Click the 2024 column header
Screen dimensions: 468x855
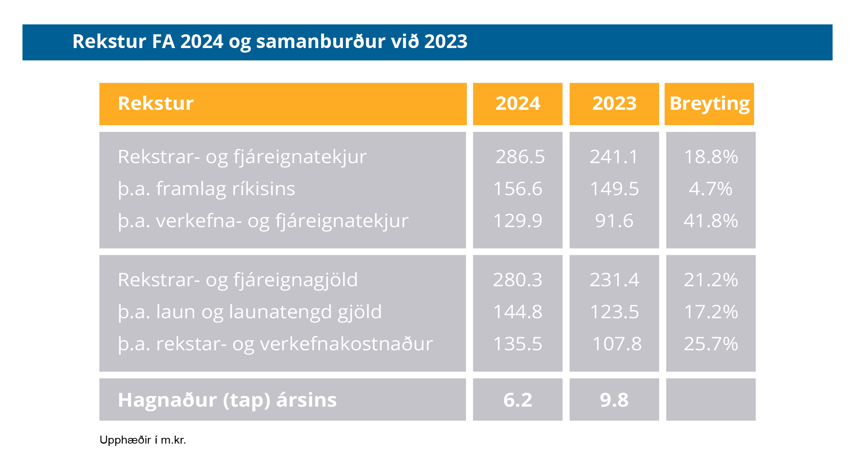click(x=517, y=104)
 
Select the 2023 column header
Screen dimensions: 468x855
click(x=614, y=104)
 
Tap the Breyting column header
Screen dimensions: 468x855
click(x=709, y=104)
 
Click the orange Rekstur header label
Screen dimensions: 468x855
click(x=156, y=104)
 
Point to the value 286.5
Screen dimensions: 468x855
click(x=520, y=157)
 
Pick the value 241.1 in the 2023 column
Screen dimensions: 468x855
click(x=614, y=157)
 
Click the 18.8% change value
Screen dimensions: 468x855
click(x=711, y=157)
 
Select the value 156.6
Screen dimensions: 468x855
click(x=517, y=189)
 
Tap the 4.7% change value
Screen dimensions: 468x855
click(x=711, y=189)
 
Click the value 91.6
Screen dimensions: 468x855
click(x=614, y=221)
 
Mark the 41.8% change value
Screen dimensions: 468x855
click(x=711, y=221)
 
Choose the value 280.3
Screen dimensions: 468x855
click(x=517, y=280)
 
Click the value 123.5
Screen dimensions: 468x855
click(x=614, y=312)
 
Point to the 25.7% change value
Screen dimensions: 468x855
click(x=711, y=344)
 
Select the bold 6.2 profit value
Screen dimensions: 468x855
click(x=517, y=400)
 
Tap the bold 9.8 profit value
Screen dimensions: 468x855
click(x=614, y=400)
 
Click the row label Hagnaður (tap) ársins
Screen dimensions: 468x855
click(x=227, y=400)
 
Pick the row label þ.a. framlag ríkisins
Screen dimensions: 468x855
click(x=207, y=189)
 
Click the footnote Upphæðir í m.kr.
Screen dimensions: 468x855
click(x=142, y=440)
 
